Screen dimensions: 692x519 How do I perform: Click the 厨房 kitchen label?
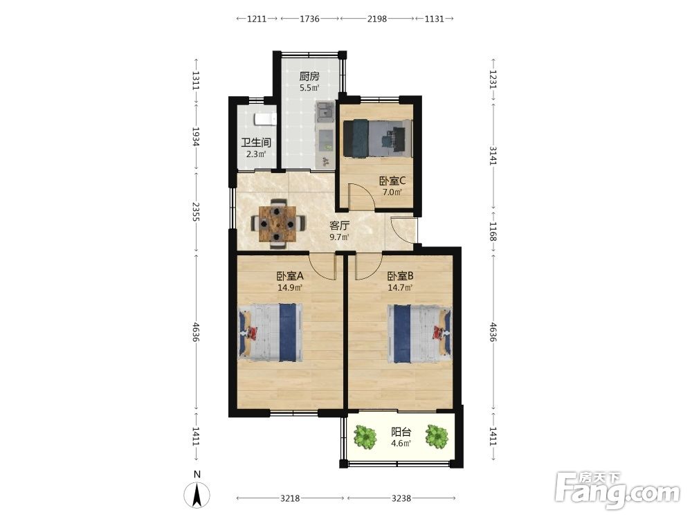coord(309,76)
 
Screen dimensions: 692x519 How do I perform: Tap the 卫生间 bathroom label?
coord(256,143)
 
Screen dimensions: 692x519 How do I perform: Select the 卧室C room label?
coord(392,181)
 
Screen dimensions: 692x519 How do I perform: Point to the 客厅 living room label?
coord(339,226)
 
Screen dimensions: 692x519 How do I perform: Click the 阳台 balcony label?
coord(401,432)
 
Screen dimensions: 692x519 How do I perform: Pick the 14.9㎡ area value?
coord(289,288)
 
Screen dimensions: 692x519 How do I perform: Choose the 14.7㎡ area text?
coord(400,288)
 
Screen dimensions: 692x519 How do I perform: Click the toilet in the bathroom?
coord(265,119)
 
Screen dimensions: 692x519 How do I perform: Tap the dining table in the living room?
coord(277,224)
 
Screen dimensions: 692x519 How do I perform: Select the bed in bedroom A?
coord(271,332)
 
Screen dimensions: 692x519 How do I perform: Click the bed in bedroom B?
coord(419,334)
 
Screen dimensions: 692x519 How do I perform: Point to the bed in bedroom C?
coord(378,138)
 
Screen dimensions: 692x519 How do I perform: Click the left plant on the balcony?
coord(365,437)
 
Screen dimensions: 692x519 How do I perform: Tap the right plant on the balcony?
coord(437,436)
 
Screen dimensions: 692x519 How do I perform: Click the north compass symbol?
coord(197,491)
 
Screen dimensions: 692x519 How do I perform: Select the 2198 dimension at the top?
coord(377,19)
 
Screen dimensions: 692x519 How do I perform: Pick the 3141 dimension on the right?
coord(493,156)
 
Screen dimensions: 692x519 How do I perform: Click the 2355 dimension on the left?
coord(197,212)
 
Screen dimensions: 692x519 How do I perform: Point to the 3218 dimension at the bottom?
coord(290,498)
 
